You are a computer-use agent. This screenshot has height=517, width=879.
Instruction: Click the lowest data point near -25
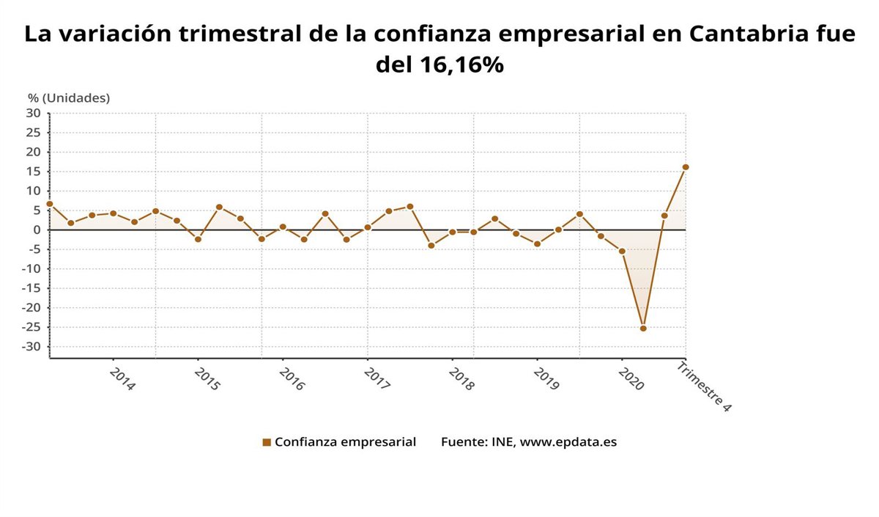[x=643, y=328]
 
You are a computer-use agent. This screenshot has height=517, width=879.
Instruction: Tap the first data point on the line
[x=50, y=204]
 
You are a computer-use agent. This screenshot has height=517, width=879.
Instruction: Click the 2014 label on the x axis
[x=122, y=379]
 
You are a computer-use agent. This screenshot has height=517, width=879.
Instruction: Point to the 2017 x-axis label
[x=376, y=379]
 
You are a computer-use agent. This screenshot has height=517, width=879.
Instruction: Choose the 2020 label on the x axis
[x=630, y=379]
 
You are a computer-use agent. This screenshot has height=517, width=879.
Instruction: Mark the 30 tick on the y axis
[x=34, y=113]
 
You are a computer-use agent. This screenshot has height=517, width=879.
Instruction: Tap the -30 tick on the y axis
[x=31, y=347]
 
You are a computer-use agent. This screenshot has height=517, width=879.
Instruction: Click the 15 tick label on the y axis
[x=34, y=172]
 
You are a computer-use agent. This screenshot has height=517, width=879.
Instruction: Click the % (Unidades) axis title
[x=69, y=98]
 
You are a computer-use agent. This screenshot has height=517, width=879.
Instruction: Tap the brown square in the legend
[x=267, y=442]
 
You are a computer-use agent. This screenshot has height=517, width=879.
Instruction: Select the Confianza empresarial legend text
[x=345, y=442]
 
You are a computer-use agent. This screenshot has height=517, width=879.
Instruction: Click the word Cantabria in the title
[x=743, y=34]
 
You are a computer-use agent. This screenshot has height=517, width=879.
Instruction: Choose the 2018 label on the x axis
[x=461, y=379]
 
